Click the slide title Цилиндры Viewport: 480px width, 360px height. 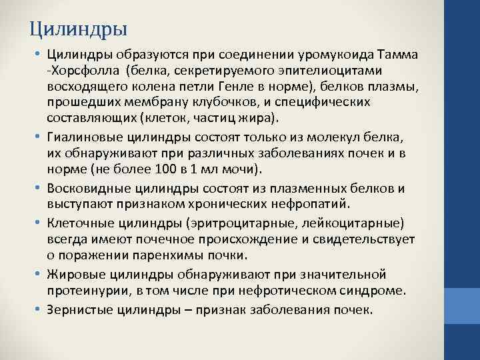(x=79, y=29)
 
